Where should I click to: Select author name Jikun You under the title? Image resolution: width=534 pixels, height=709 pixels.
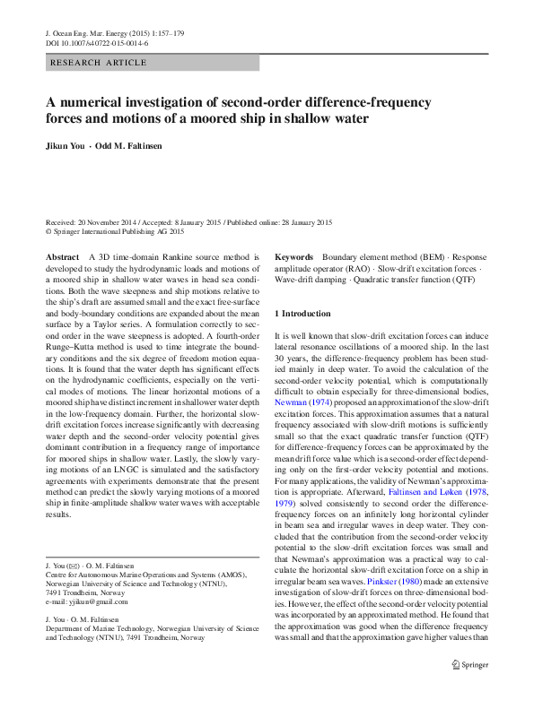click(x=66, y=146)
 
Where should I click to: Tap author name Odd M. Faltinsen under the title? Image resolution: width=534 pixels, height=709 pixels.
click(x=129, y=146)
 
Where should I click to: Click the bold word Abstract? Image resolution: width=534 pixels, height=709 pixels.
click(x=62, y=257)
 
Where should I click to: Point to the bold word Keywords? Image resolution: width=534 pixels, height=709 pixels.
click(x=293, y=257)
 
